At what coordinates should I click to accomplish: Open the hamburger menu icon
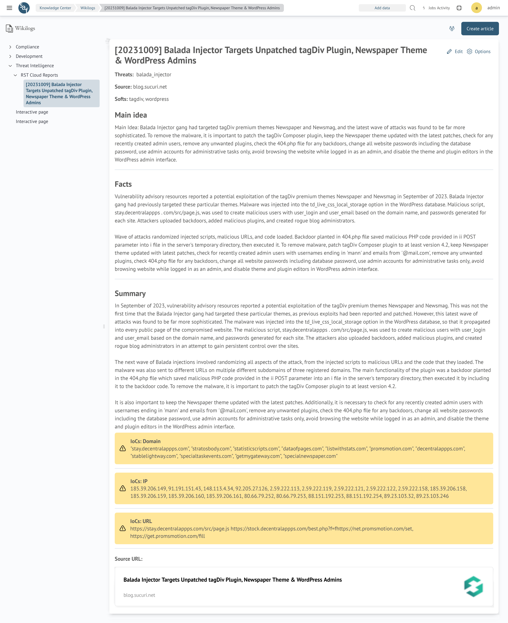pyautogui.click(x=9, y=8)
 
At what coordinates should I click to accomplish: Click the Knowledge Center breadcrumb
pyautogui.click(x=55, y=8)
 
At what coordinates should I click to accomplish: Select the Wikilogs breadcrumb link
pyautogui.click(x=88, y=8)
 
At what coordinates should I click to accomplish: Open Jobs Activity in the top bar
pyautogui.click(x=436, y=8)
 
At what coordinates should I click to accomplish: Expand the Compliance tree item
pyautogui.click(x=27, y=47)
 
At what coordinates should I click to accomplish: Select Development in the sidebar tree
pyautogui.click(x=29, y=56)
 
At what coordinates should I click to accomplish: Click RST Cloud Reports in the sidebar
pyautogui.click(x=39, y=75)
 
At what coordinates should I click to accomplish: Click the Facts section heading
pyautogui.click(x=123, y=184)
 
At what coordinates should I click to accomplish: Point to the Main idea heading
pyautogui.click(x=131, y=115)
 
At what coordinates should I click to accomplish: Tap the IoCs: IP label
pyautogui.click(x=139, y=481)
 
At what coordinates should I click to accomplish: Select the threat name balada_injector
pyautogui.click(x=154, y=75)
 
